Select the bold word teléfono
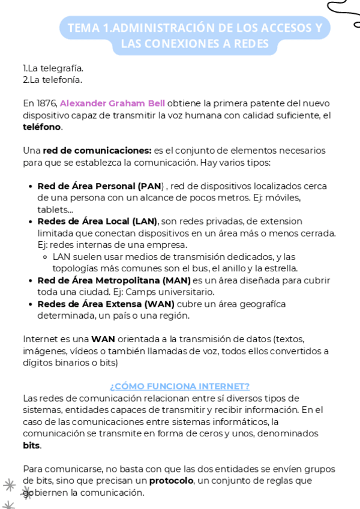42,127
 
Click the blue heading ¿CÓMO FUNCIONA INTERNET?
179,386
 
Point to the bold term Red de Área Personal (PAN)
100,186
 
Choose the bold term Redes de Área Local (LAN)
97,221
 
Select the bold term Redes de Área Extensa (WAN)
106,304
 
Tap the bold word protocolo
171,481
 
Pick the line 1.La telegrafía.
53,68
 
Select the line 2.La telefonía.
52,79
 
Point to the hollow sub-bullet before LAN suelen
46,257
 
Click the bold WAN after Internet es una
103,339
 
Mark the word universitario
185,292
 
